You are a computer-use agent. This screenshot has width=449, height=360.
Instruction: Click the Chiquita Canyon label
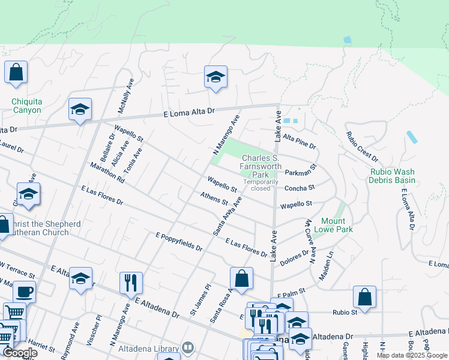[26, 106]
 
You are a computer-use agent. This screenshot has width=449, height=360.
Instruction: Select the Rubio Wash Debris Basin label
[393, 176]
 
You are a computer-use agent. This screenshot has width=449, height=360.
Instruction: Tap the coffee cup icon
[24, 292]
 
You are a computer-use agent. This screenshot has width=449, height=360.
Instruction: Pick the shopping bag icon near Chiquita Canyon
[16, 72]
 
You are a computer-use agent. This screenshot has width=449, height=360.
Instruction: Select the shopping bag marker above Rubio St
[364, 296]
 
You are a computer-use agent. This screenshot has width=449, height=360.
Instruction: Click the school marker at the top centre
[215, 77]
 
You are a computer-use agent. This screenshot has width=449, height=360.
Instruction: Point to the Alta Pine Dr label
[299, 142]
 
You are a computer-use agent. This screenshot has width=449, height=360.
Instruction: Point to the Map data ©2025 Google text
[412, 355]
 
